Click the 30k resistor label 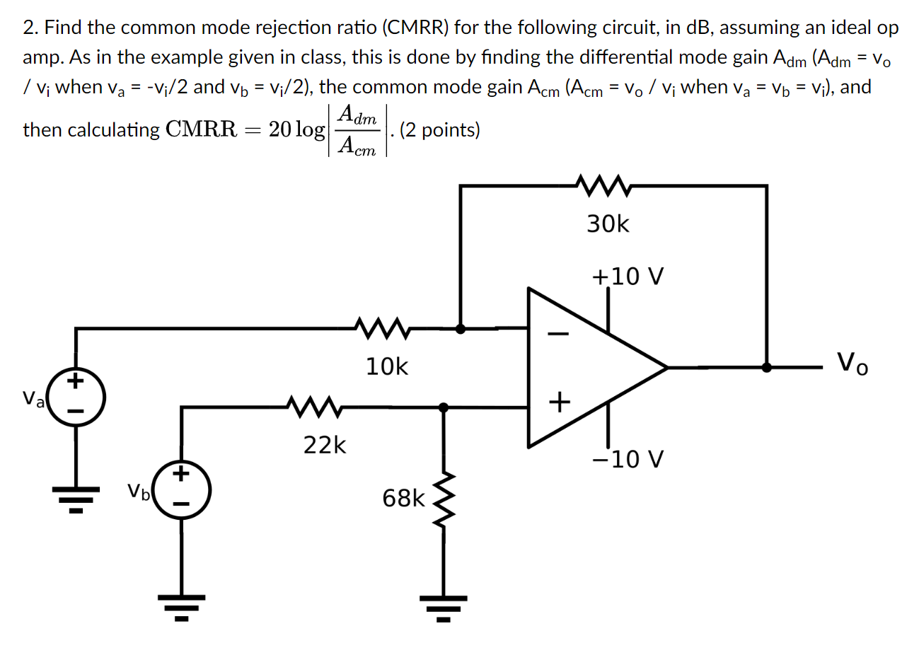click(607, 224)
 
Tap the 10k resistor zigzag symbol click(382, 327)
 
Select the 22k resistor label click(325, 446)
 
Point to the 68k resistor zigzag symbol click(444, 499)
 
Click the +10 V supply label click(628, 277)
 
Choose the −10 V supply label click(628, 460)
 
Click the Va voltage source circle click(76, 398)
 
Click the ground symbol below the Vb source click(182, 607)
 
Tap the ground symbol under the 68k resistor click(444, 607)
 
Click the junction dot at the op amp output click(766, 367)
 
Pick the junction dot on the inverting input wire click(461, 328)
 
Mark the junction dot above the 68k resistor click(444, 407)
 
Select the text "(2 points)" click(439, 130)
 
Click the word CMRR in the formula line click(200, 130)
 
